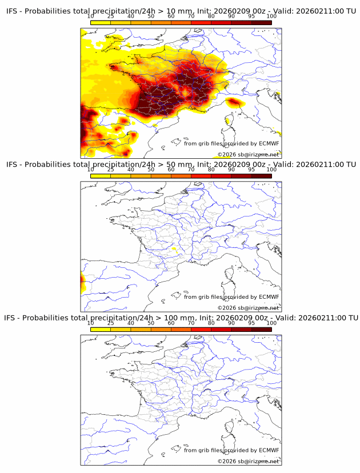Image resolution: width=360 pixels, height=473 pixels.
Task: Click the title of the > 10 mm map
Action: pyautogui.click(x=181, y=11)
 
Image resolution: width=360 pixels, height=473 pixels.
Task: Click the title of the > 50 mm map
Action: pyautogui.click(x=181, y=165)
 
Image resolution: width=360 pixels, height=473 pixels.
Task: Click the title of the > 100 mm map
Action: pyautogui.click(x=181, y=318)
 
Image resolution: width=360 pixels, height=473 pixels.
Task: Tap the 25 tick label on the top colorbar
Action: pyautogui.click(x=111, y=16)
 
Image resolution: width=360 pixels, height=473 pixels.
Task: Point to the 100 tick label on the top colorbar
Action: pyautogui.click(x=271, y=16)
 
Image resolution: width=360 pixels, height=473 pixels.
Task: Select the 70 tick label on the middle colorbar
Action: pyautogui.click(x=191, y=170)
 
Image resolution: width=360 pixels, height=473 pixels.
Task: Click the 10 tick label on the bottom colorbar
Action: pyautogui.click(x=91, y=323)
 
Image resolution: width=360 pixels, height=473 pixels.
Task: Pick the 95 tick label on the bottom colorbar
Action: pyautogui.click(x=251, y=323)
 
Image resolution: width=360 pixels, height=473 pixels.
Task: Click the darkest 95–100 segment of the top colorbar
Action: pyautogui.click(x=261, y=22)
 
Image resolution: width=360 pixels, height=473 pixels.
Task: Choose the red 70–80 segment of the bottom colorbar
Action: pyautogui.click(x=201, y=329)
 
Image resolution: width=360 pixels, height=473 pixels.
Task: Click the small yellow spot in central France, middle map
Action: pyautogui.click(x=174, y=250)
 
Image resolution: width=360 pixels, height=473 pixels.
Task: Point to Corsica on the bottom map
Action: pyautogui.click(x=231, y=426)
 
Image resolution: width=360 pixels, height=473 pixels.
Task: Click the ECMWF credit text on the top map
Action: pyautogui.click(x=231, y=143)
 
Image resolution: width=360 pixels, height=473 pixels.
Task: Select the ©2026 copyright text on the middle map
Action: pyautogui.click(x=248, y=308)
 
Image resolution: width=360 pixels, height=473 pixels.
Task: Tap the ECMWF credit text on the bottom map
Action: pyautogui.click(x=231, y=450)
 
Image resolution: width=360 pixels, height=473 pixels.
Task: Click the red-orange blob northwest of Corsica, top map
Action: pyautogui.click(x=233, y=102)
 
